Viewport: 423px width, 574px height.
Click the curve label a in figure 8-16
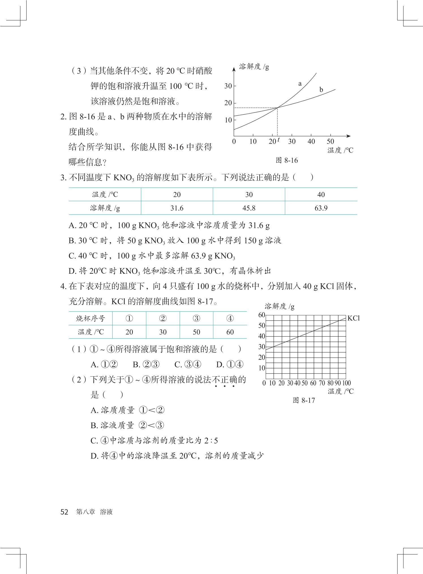click(x=300, y=84)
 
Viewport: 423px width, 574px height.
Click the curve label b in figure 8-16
click(x=321, y=90)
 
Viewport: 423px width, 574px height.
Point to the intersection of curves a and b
click(x=278, y=107)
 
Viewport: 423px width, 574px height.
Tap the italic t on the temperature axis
click(x=278, y=139)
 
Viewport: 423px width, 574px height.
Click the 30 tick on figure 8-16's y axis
click(x=228, y=86)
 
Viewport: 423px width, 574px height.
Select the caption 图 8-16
click(x=287, y=160)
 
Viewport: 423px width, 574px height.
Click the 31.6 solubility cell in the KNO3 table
click(x=177, y=208)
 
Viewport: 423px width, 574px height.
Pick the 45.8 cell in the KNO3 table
click(x=249, y=208)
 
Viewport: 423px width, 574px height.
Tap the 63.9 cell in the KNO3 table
click(x=321, y=208)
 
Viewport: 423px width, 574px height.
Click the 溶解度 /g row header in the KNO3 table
click(x=105, y=208)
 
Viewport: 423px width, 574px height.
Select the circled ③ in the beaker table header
click(x=196, y=318)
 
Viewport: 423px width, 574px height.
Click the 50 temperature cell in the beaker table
click(x=196, y=332)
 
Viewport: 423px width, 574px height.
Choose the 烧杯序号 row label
click(x=91, y=318)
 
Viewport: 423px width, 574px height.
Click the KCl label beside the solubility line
click(x=353, y=318)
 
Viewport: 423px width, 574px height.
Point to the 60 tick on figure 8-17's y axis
click(x=261, y=315)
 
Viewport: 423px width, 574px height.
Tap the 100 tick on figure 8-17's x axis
click(x=346, y=383)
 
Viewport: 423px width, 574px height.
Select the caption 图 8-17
click(x=304, y=400)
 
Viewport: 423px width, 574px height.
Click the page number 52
click(x=64, y=512)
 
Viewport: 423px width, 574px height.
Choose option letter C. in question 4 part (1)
click(x=178, y=365)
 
